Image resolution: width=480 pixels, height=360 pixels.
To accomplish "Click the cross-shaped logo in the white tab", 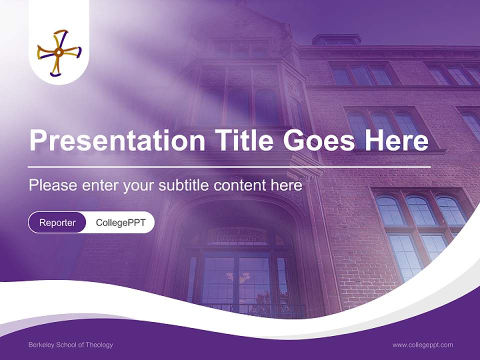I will point(59,52).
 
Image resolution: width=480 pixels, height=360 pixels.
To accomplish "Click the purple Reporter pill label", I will point(57,222).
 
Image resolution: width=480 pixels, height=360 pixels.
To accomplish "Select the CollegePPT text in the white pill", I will point(120,222).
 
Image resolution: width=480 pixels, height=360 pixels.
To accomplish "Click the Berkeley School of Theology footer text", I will point(70,344).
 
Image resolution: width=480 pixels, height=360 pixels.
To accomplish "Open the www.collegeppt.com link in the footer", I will point(422,344).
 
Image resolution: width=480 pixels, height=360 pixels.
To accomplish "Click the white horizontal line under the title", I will point(229,166).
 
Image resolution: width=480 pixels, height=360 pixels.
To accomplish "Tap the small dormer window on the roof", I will point(336,39).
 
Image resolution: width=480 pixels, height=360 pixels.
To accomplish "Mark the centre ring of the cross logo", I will point(58,52).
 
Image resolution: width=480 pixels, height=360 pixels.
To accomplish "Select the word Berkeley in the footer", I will point(40,344).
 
